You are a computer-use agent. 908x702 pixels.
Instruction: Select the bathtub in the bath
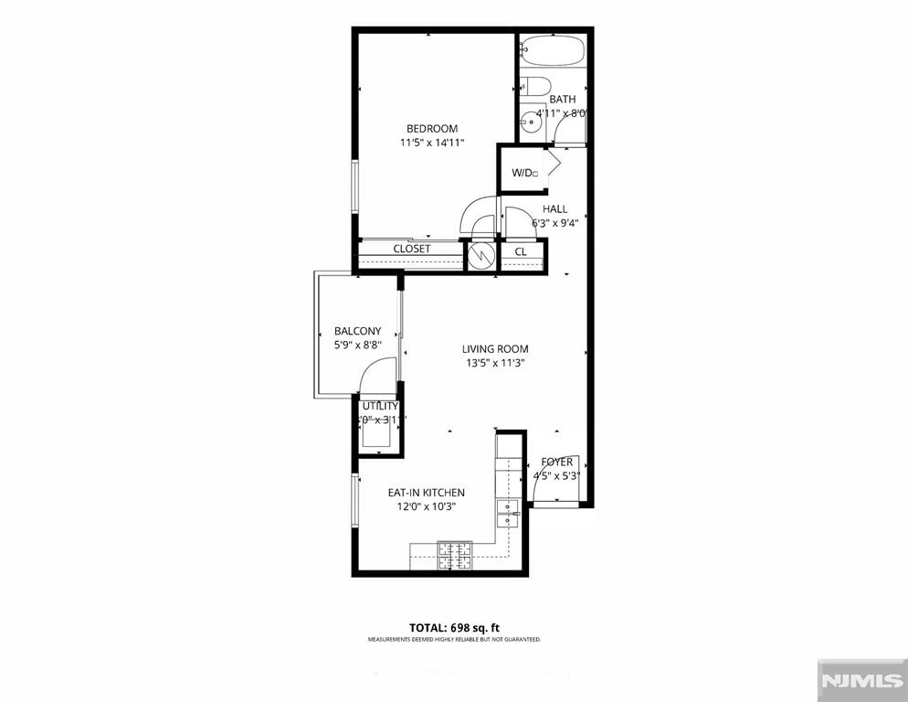(x=554, y=50)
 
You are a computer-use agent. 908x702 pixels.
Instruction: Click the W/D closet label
(x=523, y=173)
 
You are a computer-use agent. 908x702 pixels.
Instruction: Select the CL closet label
(x=521, y=251)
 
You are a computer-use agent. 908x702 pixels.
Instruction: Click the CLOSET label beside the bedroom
(x=411, y=249)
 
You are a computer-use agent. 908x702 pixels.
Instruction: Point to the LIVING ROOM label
(x=494, y=348)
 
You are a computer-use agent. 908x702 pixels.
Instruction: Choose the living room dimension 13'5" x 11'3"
(x=494, y=363)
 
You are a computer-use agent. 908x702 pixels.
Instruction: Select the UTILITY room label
(x=379, y=406)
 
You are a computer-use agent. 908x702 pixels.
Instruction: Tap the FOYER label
(x=557, y=462)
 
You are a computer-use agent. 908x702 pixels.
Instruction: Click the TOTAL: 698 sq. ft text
(x=454, y=627)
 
